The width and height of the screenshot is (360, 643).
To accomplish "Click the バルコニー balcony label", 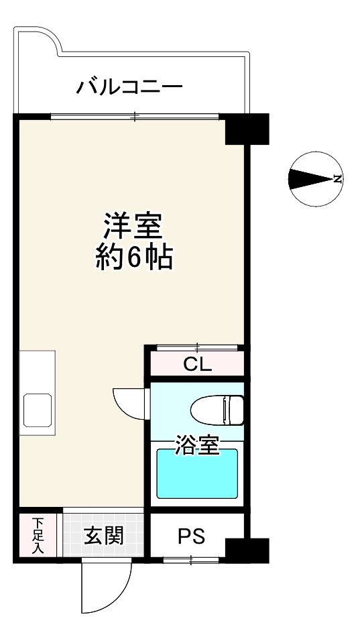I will click(x=129, y=86).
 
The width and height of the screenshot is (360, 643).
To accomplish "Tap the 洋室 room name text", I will click(x=133, y=226).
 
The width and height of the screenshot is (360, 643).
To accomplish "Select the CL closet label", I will click(x=197, y=365).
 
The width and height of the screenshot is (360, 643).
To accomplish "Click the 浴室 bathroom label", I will click(x=197, y=446).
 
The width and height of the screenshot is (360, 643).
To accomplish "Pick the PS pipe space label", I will click(x=192, y=536).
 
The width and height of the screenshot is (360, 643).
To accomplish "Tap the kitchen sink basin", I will click(x=38, y=410).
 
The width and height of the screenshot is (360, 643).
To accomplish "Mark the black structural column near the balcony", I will click(x=246, y=129).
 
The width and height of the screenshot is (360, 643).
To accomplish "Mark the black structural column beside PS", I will click(x=246, y=550).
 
